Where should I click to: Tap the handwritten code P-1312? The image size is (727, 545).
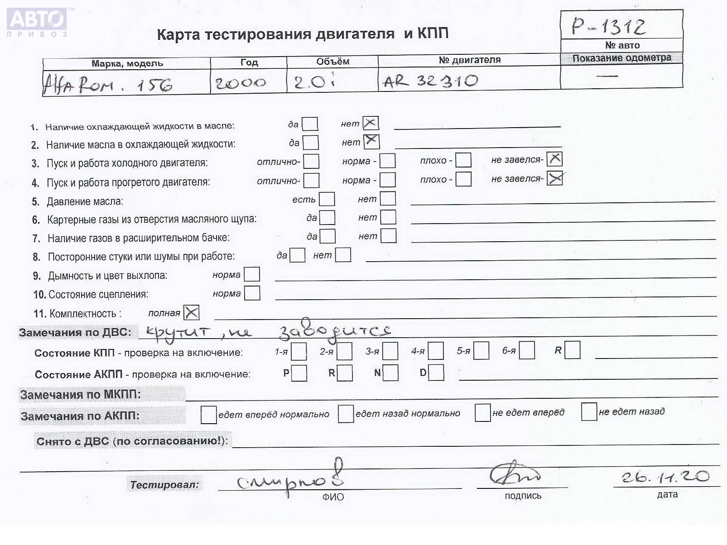(608, 26)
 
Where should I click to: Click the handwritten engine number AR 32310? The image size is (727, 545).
(430, 81)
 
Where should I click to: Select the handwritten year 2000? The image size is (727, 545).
(241, 83)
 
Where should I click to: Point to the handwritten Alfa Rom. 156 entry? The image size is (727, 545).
(108, 84)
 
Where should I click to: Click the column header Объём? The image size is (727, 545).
(332, 62)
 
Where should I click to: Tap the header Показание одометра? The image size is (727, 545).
(621, 58)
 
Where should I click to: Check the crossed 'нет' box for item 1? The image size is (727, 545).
(371, 123)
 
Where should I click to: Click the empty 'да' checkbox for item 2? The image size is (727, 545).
(311, 143)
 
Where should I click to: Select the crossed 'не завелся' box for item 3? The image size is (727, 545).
(554, 159)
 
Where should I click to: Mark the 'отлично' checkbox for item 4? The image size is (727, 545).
(311, 181)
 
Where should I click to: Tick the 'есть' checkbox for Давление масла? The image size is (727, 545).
(327, 199)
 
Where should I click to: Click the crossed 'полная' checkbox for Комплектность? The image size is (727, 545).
(192, 312)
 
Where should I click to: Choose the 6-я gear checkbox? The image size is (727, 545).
(527, 350)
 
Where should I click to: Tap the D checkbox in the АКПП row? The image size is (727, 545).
(436, 373)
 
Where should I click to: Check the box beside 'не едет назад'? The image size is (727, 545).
(589, 411)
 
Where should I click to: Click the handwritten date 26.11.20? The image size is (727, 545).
(665, 477)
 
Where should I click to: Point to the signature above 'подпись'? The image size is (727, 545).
(515, 474)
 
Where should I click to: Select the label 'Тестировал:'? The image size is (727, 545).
(164, 485)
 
